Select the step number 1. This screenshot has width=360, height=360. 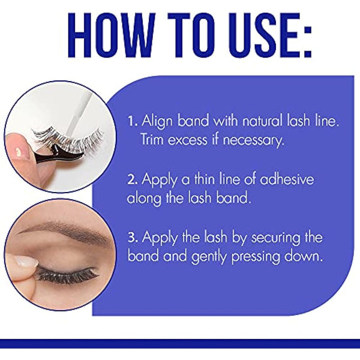click(x=131, y=122)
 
